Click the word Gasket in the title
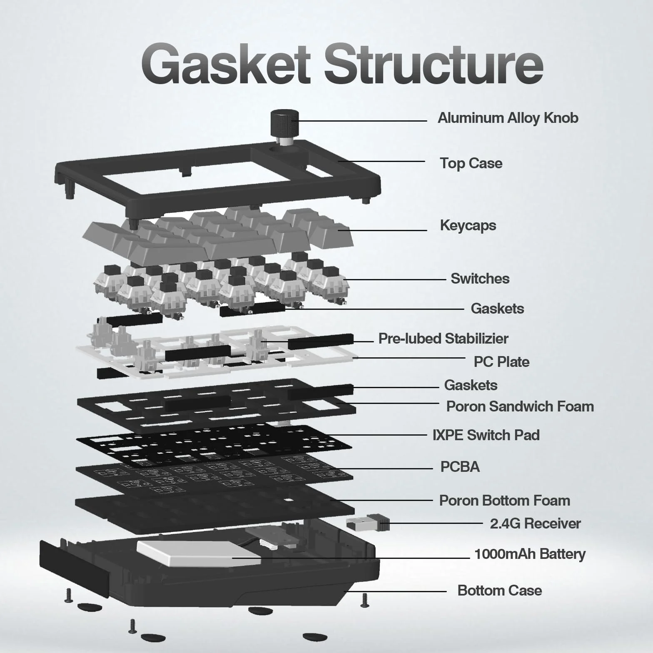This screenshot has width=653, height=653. (226, 64)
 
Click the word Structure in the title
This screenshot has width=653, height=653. (434, 64)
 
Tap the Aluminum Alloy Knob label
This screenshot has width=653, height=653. (508, 118)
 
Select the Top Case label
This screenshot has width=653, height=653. (471, 163)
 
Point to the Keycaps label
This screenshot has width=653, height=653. (468, 226)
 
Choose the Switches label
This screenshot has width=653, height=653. (480, 279)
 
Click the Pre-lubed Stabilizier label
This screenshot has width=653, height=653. (443, 339)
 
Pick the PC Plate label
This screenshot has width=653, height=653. (501, 362)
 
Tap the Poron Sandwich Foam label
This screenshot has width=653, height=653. (520, 406)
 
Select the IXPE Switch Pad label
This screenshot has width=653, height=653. (486, 435)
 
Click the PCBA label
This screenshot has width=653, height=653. (460, 467)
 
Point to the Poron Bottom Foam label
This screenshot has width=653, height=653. (504, 501)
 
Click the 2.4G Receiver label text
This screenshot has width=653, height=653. (535, 523)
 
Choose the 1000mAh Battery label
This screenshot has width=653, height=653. (530, 554)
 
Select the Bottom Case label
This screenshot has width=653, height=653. (499, 591)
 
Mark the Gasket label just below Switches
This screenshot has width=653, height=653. (497, 309)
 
